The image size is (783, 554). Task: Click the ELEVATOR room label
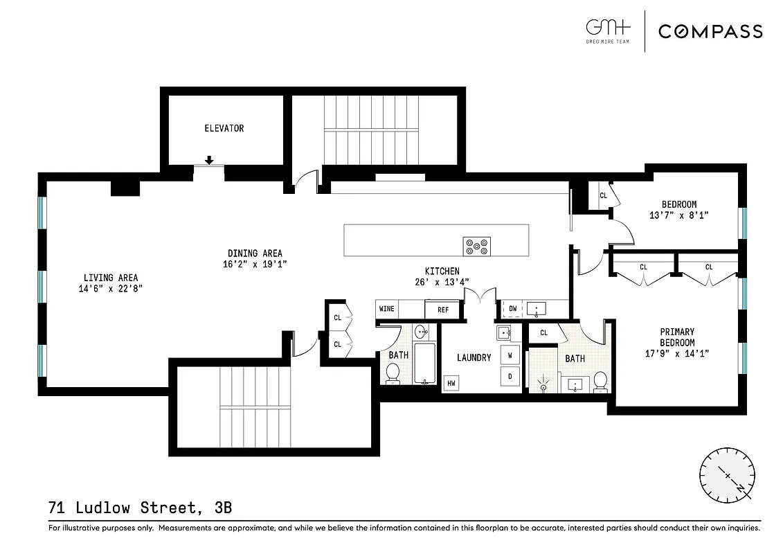pos(224,128)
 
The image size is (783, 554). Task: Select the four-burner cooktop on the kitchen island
pos(476,246)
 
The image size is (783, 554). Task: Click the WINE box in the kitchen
pos(386,309)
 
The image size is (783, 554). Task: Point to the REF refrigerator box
pos(442,310)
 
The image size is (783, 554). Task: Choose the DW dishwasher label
pos(513,309)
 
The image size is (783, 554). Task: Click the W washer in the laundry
pos(510,355)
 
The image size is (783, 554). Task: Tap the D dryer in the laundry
pos(510,377)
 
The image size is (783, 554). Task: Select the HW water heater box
pos(451,383)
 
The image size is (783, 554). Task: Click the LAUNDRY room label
pos(474,357)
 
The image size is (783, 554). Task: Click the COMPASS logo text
pos(710,31)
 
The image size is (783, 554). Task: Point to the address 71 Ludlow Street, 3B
pos(140,508)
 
